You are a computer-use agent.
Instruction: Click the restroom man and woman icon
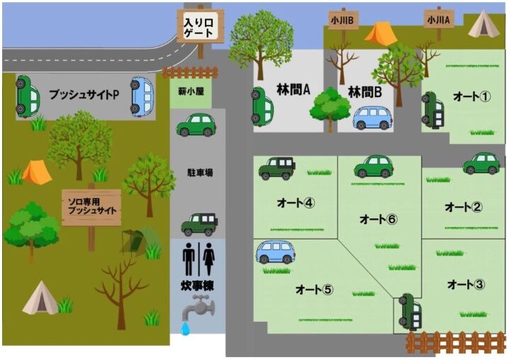pyautogui.click(x=198, y=259)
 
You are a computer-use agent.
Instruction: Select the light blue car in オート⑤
pyautogui.click(x=276, y=252)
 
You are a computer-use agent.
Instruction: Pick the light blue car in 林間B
pyautogui.click(x=372, y=118)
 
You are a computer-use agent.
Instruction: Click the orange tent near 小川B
pyautogui.click(x=381, y=33)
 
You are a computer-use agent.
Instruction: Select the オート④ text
pyautogui.click(x=295, y=203)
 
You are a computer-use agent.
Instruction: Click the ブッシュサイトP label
pyautogui.click(x=84, y=94)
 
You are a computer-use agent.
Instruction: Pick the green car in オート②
pyautogui.click(x=481, y=164)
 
